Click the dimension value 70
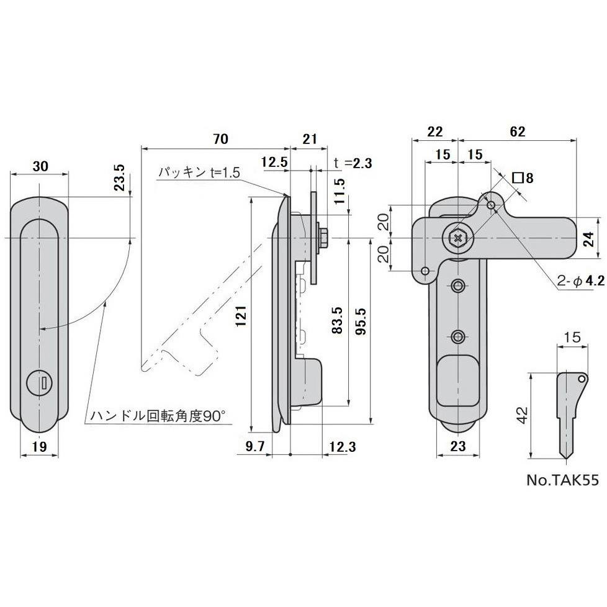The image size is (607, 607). tap(216, 139)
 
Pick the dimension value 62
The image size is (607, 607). tap(517, 131)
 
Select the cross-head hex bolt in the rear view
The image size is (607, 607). tap(458, 237)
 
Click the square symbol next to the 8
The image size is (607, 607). tap(517, 178)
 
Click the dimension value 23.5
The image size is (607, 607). tap(120, 178)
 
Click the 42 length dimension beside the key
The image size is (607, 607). tap(523, 415)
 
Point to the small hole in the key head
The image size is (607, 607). tap(582, 377)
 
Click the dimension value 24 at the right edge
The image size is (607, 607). tap(590, 237)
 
